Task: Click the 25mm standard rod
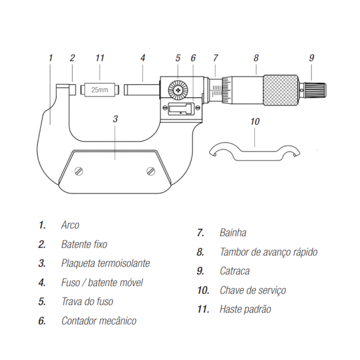pos(100,89)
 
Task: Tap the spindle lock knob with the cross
pos(178,89)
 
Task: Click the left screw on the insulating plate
pos(79,171)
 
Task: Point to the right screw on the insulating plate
pos(151,171)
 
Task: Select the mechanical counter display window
pos(178,109)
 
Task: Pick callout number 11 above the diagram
pos(100,58)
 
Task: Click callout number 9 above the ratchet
pos(311,58)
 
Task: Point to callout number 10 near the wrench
pos(255,121)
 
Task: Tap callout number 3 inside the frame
pos(115,119)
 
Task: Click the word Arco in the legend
pos(70,225)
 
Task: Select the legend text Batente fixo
pos(84,244)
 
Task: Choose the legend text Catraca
pos(234,271)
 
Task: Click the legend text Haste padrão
pos(245,309)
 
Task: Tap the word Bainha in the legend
pos(233,233)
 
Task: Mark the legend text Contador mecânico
pos(99,321)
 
